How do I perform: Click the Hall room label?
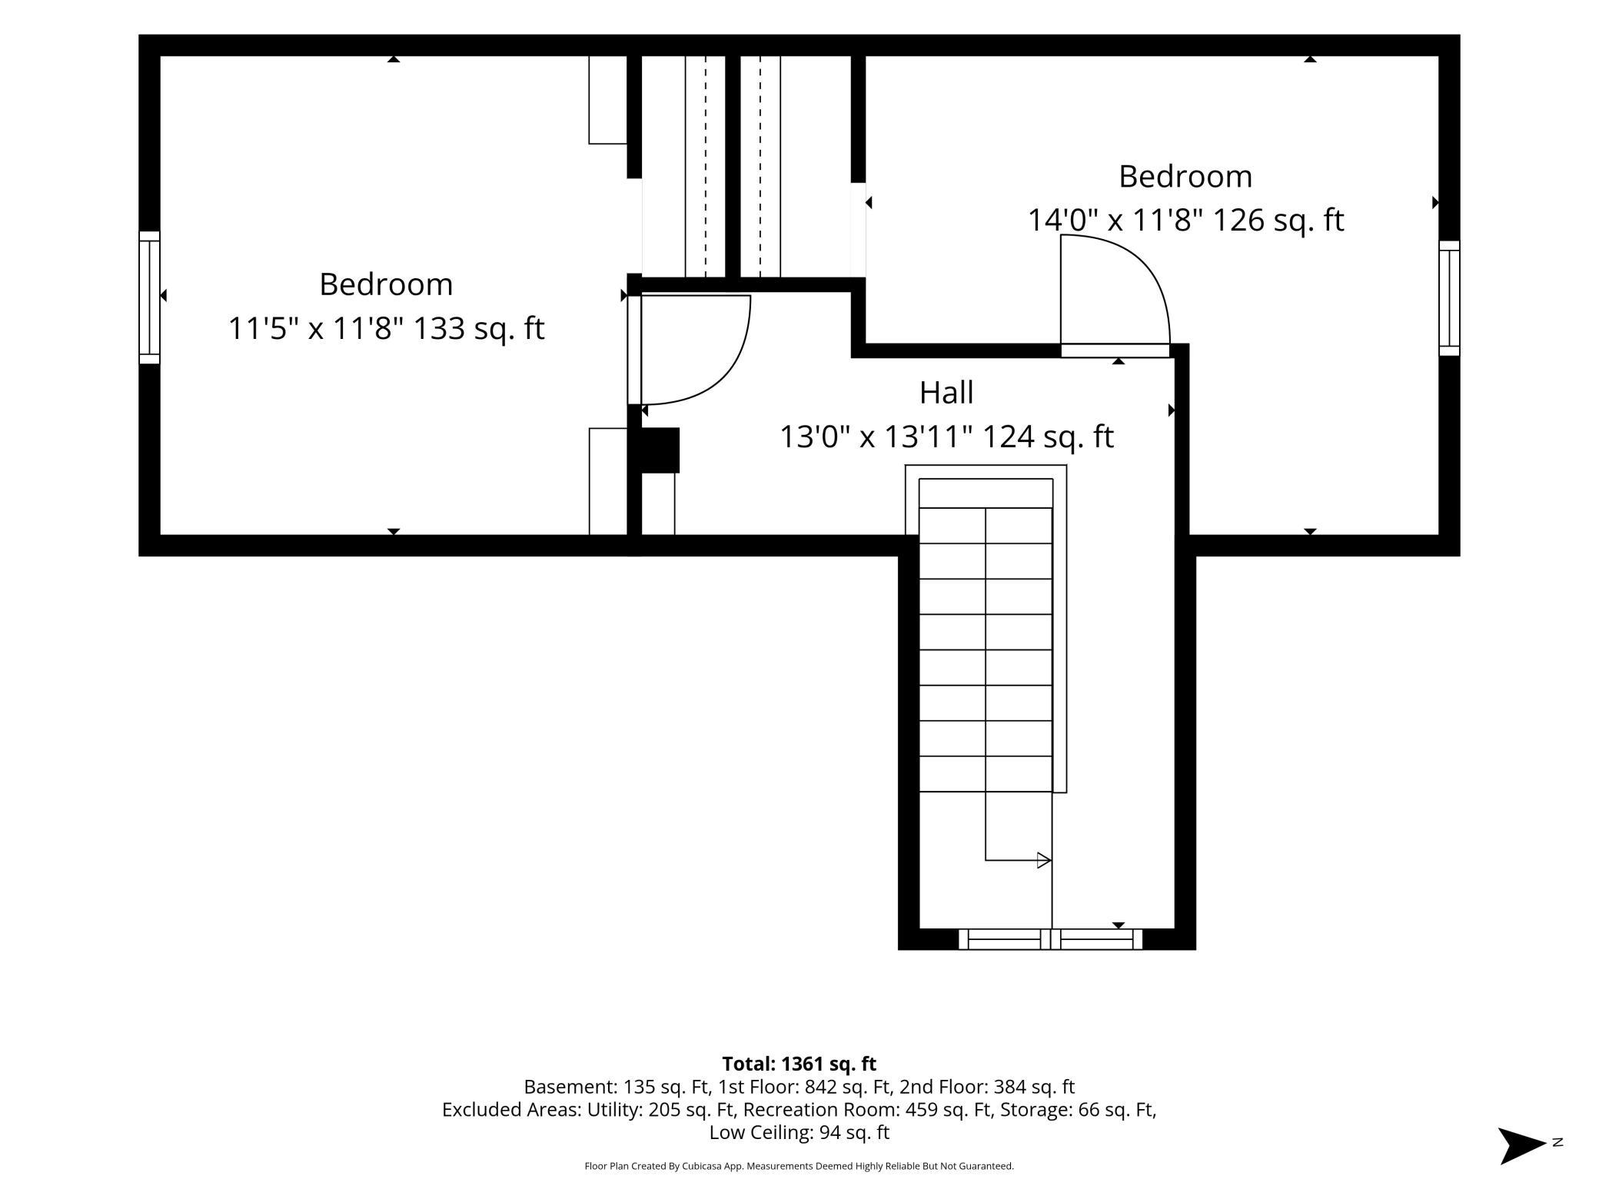(x=946, y=393)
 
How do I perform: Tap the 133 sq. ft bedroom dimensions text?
(x=386, y=329)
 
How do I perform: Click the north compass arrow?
(x=1523, y=1146)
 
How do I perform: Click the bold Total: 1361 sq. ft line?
(x=799, y=1064)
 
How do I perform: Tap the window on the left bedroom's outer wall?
(x=149, y=297)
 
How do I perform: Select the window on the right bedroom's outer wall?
(x=1449, y=298)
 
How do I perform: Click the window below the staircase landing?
(x=1050, y=939)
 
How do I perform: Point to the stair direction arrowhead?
(x=1044, y=860)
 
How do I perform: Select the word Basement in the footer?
(x=567, y=1087)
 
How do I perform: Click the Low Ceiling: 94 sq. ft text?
(x=799, y=1132)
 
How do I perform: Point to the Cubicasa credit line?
(x=799, y=1166)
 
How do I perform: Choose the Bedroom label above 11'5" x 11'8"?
(x=386, y=284)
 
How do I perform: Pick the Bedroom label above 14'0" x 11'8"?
(x=1185, y=177)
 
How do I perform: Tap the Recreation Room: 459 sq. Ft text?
(x=868, y=1110)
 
